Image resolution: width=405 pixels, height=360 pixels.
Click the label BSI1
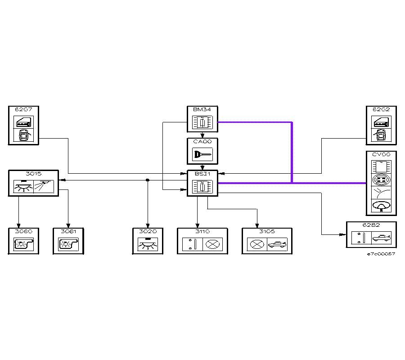[x=202, y=174]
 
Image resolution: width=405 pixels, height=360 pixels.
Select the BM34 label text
[x=202, y=109]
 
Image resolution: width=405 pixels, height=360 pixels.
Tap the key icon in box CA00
[x=202, y=154]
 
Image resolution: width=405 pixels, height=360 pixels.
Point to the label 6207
[x=23, y=109]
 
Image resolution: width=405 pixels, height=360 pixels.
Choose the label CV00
[x=381, y=154]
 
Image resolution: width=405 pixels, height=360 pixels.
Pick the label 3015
[x=33, y=173]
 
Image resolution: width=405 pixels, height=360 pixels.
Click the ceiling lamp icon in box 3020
[x=148, y=245]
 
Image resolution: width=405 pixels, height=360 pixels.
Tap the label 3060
[x=23, y=231]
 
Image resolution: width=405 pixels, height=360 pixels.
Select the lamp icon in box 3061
[x=68, y=244]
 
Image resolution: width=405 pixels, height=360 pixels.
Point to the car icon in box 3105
[x=277, y=244]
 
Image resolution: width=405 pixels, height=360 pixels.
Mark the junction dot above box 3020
[x=148, y=180]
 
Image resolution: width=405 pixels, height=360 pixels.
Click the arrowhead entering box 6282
[x=343, y=234]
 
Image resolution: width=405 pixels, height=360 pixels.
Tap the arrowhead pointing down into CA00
[x=202, y=136]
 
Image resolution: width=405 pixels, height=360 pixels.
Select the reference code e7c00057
[x=381, y=254]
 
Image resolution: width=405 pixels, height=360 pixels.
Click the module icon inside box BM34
[x=202, y=122]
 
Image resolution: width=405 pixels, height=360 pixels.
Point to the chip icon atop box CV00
[x=381, y=166]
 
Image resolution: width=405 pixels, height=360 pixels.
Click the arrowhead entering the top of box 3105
[x=257, y=225]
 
